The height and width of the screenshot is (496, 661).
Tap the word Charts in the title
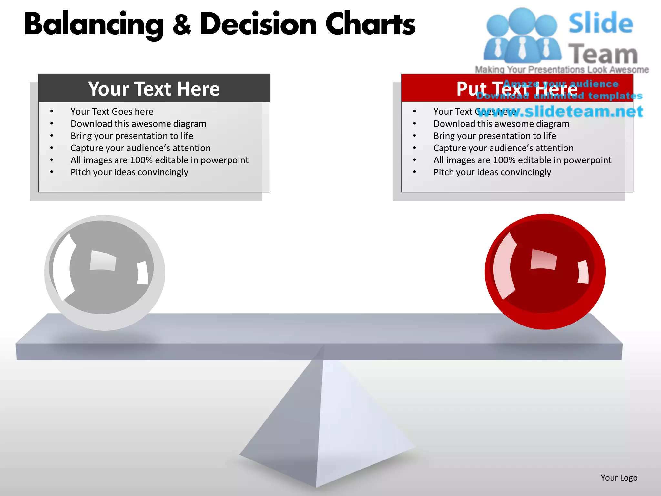370,25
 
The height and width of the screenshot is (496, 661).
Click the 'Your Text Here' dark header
154,88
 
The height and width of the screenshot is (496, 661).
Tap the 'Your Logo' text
619,478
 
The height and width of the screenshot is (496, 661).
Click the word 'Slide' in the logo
601,23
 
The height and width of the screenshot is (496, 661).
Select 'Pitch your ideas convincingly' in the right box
492,172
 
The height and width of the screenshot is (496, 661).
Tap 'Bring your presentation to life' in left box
132,136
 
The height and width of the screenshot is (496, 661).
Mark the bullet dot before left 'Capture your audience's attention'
52,148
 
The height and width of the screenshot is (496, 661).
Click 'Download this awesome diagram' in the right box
501,124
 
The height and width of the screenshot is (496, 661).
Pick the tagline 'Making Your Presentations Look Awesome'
562,69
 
